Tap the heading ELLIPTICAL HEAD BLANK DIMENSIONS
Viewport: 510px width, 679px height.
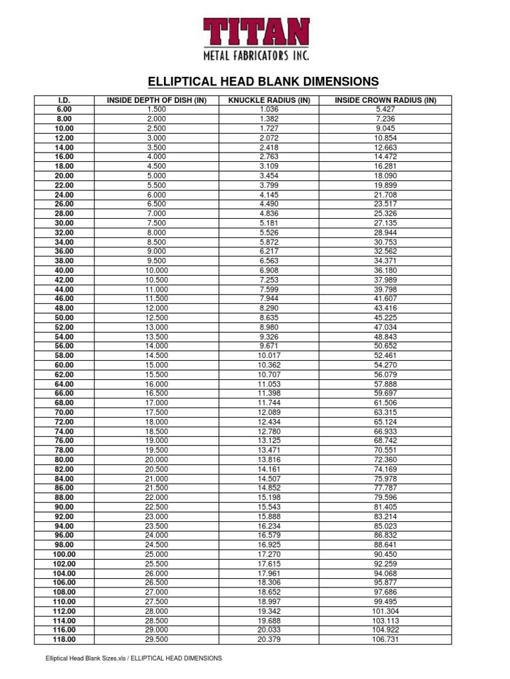[262, 82]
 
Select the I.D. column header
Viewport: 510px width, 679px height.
[64, 100]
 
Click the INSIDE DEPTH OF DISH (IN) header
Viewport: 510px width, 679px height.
[157, 100]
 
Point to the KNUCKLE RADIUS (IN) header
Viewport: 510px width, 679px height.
[269, 100]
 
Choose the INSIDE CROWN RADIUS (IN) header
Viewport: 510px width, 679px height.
[385, 100]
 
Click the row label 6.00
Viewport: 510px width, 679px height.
[64, 109]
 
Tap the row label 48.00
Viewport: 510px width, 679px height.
[64, 308]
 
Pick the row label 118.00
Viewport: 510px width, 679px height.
[64, 639]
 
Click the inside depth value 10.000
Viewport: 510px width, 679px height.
[157, 271]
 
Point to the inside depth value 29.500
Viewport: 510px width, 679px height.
[157, 639]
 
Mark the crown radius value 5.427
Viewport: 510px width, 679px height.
[385, 109]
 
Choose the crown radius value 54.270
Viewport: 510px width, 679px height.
[385, 365]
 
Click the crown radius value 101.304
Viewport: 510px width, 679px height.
[385, 611]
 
